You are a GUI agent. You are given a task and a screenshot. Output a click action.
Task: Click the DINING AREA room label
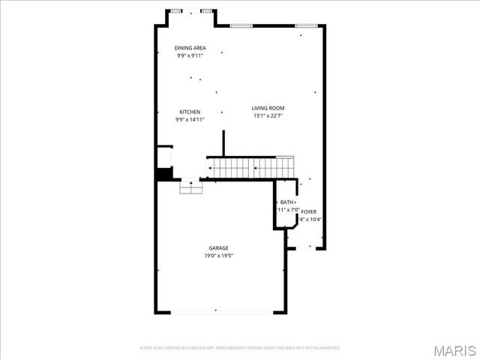point(190,48)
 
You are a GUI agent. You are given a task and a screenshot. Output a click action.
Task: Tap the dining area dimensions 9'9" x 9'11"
point(190,55)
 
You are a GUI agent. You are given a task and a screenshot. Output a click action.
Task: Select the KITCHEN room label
point(190,112)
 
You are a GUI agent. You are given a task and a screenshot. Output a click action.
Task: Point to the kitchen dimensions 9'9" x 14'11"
point(190,119)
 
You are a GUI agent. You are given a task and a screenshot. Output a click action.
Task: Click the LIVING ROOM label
point(268,109)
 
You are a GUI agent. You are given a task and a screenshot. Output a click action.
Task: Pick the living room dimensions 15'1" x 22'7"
point(268,116)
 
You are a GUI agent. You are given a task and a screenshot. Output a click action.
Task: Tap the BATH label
point(287,202)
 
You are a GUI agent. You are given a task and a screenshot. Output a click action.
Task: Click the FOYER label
point(309,212)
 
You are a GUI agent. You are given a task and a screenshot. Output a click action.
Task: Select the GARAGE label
point(219,248)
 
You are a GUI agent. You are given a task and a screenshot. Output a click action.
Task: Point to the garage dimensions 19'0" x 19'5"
point(219,256)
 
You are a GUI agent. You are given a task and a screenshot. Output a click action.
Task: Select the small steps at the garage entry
point(191,189)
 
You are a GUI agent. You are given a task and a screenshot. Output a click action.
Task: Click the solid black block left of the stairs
point(164,173)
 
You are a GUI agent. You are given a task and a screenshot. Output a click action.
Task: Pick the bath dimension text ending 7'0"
point(289,210)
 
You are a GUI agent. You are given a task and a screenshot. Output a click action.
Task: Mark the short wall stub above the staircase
point(223,142)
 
